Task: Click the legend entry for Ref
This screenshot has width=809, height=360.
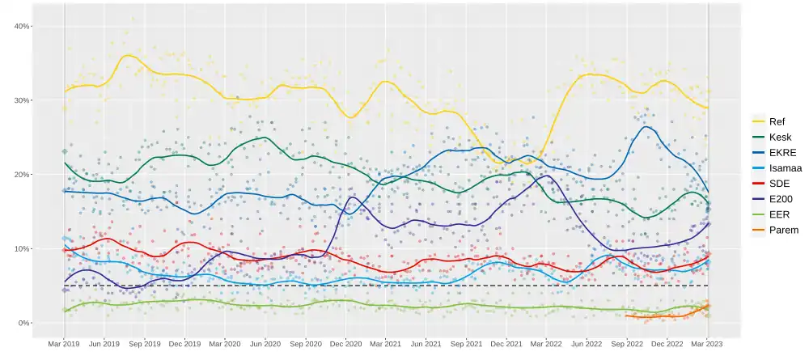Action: click(777, 121)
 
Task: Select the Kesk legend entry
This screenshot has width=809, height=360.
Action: click(779, 138)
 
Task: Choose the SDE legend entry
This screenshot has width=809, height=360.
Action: click(779, 184)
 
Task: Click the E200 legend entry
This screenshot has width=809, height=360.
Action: click(781, 199)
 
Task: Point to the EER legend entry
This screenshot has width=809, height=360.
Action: click(779, 214)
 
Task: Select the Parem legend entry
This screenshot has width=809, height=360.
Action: click(782, 230)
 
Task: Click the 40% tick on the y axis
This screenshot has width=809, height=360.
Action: click(22, 26)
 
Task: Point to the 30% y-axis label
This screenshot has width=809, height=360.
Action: click(22, 100)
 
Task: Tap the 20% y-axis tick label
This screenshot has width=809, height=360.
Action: click(22, 175)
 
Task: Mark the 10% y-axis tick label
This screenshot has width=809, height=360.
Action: click(22, 248)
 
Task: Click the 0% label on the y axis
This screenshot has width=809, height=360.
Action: click(23, 323)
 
